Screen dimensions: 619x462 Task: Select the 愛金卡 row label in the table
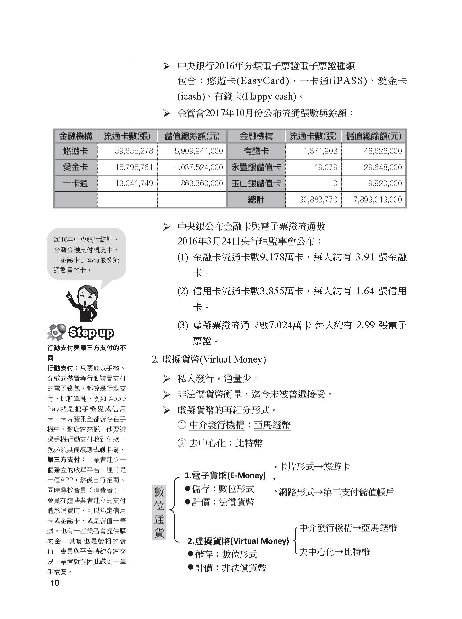click(75, 167)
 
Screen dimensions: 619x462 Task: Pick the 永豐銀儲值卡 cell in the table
click(256, 167)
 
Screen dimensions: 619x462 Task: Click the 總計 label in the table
click(256, 199)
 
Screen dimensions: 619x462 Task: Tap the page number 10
click(54, 583)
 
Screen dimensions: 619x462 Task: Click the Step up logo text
click(91, 332)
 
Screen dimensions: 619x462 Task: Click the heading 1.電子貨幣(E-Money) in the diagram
click(225, 475)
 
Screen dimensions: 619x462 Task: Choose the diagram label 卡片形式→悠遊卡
click(314, 466)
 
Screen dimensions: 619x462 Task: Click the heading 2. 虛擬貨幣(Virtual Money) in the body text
click(209, 359)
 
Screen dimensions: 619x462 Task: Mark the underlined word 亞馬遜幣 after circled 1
click(272, 425)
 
